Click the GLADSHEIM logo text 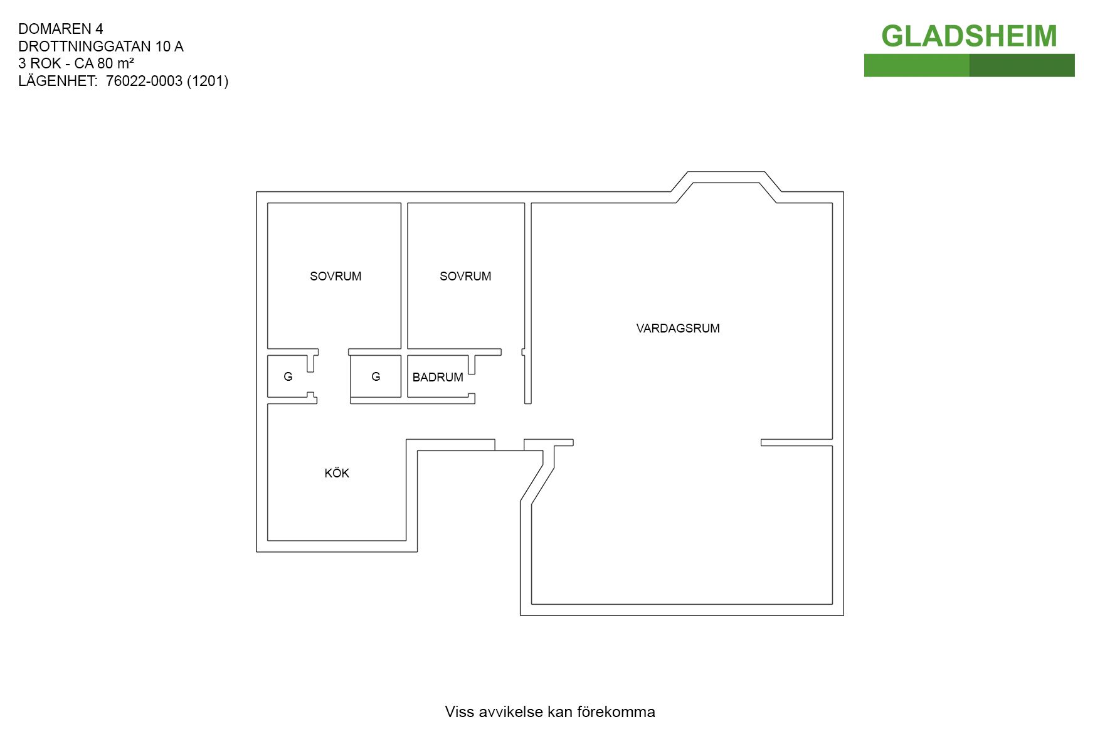coord(969,36)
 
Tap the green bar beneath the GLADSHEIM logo coord(969,65)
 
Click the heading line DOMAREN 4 coord(61,29)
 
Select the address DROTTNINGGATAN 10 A coord(101,46)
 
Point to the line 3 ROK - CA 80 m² coord(76,63)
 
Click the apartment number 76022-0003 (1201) coord(167,81)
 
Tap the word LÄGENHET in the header coord(57,80)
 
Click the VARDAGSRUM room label coord(678,328)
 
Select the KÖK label coord(337,473)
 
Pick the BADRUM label coord(438,377)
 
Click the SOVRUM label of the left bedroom coord(336,276)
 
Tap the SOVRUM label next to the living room coord(465,276)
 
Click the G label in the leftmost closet coord(288,376)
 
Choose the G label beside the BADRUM coord(376,376)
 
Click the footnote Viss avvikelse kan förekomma coord(550,711)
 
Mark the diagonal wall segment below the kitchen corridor coord(537,484)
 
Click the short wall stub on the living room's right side coord(796,442)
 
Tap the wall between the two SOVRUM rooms coord(405,275)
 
